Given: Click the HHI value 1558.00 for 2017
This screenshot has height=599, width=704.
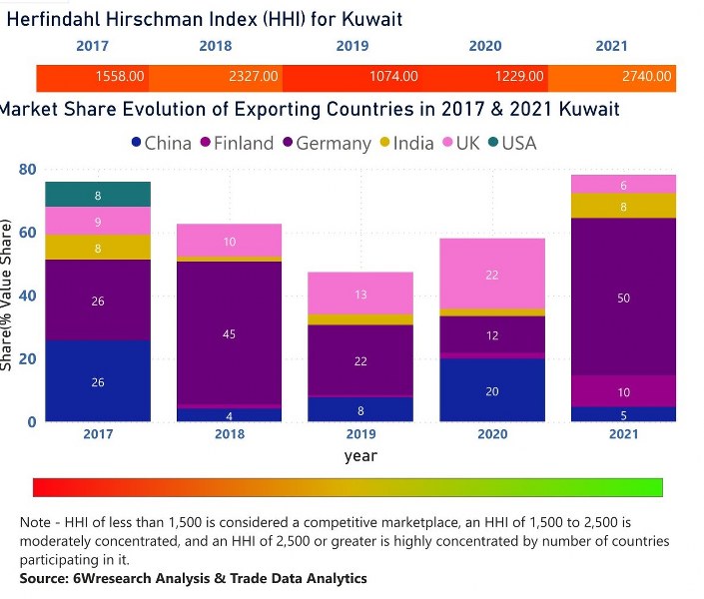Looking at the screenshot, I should [120, 77].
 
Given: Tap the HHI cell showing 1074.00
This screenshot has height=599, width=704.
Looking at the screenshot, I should [392, 77].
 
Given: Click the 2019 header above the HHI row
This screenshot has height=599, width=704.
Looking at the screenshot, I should [352, 46].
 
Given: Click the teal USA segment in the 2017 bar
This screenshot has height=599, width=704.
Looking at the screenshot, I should [97, 195].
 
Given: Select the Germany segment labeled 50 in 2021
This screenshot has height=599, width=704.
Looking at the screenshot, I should [624, 297].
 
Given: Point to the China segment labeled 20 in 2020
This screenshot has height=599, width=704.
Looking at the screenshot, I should [491, 390].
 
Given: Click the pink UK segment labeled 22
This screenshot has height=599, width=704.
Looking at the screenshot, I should [491, 274].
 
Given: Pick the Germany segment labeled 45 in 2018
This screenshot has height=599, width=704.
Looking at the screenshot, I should [229, 333].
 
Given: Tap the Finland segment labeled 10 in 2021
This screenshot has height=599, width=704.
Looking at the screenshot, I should [624, 391].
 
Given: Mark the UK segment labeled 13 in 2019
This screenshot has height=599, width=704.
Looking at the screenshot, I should [360, 294].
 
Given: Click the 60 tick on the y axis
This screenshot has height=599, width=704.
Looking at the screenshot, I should [28, 233].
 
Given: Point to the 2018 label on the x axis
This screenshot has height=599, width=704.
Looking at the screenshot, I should [229, 434].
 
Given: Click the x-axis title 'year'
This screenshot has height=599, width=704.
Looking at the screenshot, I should [360, 455].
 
